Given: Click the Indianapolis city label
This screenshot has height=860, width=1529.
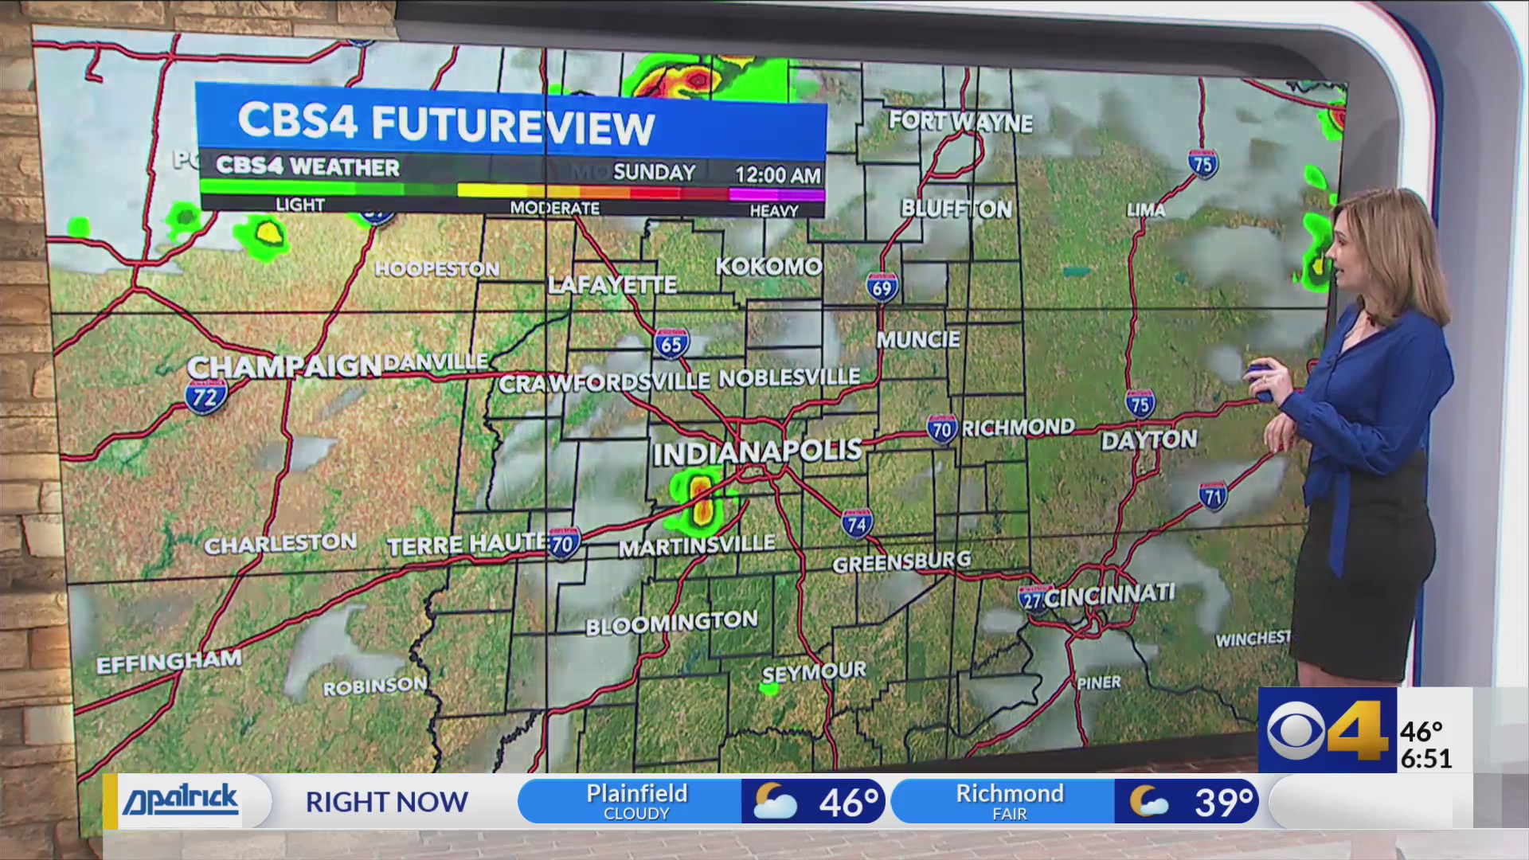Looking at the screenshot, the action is click(x=757, y=452).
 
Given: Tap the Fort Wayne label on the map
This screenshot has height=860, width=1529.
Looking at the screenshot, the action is click(x=960, y=121).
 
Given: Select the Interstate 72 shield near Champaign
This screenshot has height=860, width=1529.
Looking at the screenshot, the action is click(x=206, y=395).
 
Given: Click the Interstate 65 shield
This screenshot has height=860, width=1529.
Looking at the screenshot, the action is click(x=671, y=343).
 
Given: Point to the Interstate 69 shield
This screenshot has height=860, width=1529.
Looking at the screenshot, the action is click(x=882, y=287).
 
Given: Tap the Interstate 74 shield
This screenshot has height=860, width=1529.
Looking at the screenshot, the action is click(x=856, y=523).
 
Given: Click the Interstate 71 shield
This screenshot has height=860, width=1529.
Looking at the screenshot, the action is click(x=1212, y=497).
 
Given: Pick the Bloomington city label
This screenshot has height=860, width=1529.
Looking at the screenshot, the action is click(x=671, y=623).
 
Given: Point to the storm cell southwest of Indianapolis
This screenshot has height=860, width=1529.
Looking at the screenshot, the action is click(x=701, y=502).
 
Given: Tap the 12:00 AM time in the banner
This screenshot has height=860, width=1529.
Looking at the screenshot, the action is click(x=777, y=174).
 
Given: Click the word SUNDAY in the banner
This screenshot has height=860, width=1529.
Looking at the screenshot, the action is click(x=655, y=172).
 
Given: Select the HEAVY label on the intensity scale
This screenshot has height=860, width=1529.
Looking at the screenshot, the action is click(x=773, y=211).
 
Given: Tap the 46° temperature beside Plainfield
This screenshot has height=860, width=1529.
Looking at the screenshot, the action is click(x=848, y=802).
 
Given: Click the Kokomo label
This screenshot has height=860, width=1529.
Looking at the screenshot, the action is click(x=768, y=266).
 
